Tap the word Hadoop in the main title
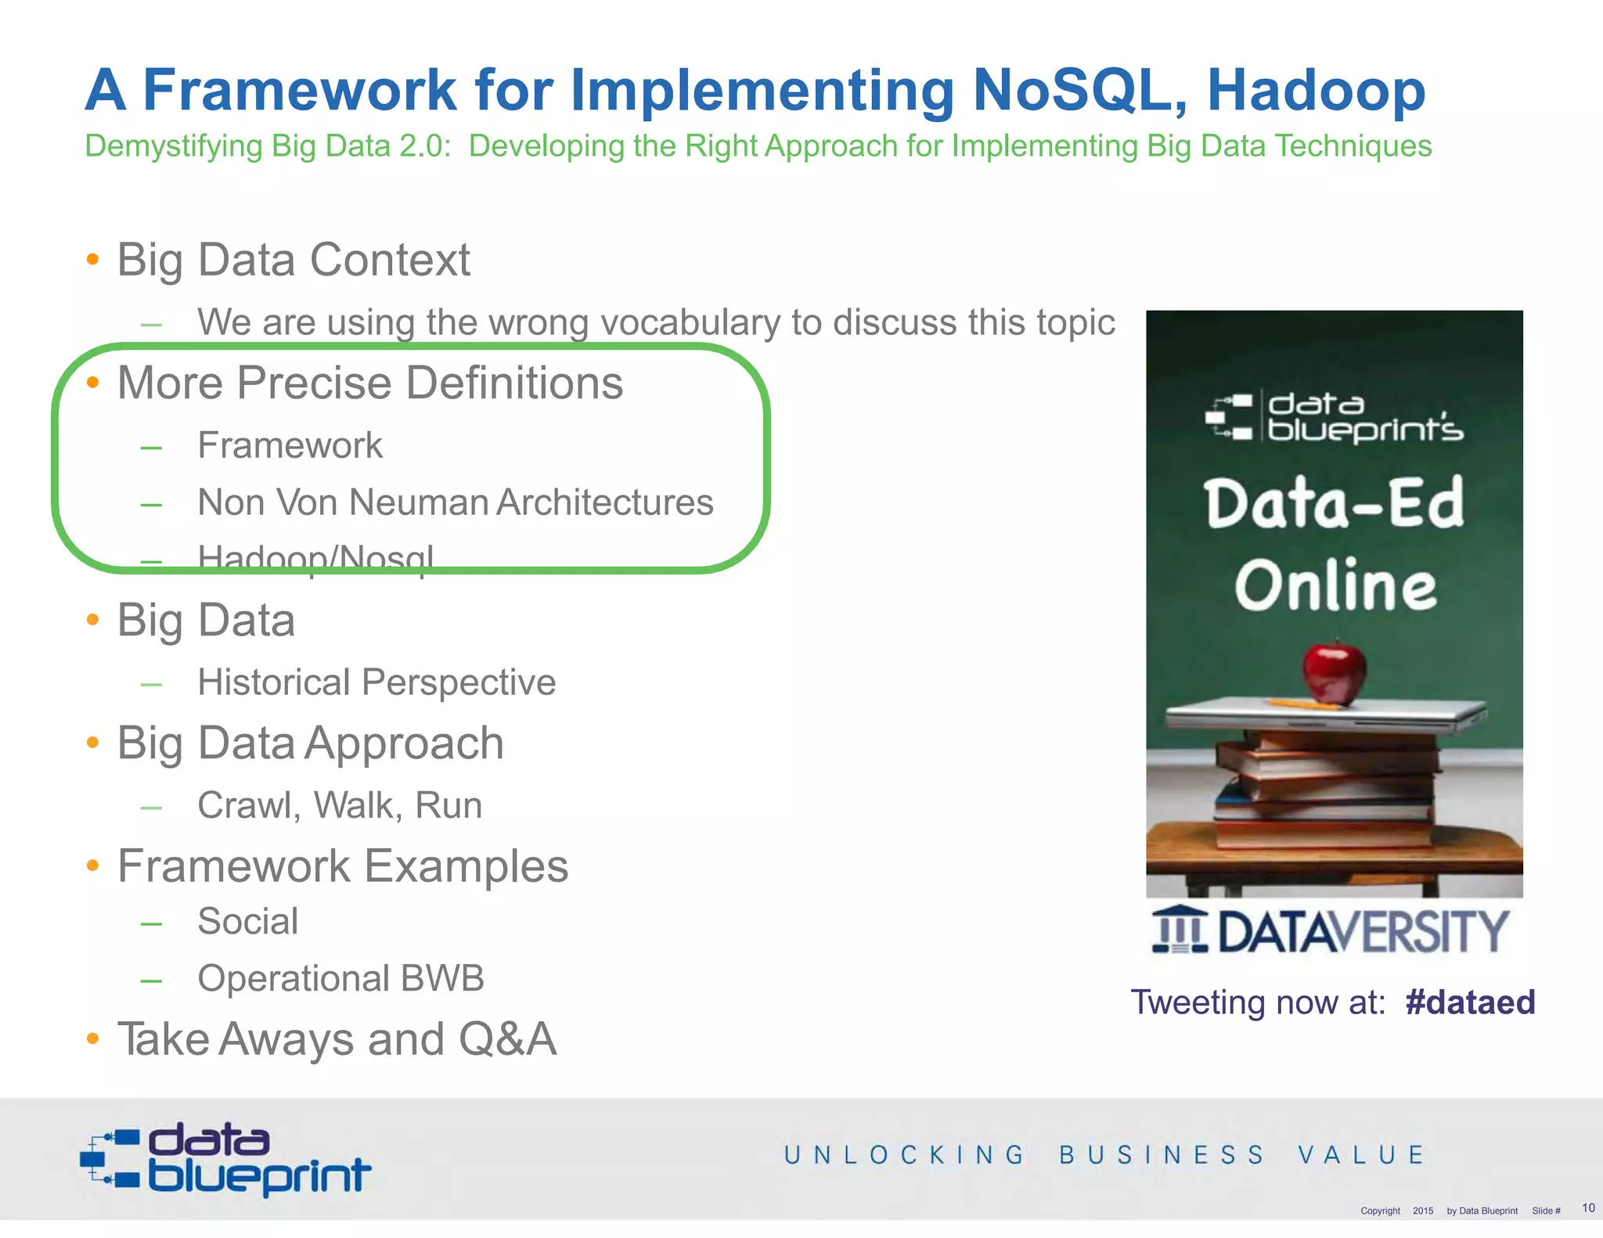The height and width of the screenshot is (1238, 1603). click(1316, 91)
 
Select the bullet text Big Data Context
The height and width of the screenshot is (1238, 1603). click(294, 260)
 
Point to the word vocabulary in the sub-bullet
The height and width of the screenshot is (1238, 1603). click(690, 322)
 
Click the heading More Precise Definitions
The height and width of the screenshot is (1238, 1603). click(370, 383)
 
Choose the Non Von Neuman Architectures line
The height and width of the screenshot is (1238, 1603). click(455, 502)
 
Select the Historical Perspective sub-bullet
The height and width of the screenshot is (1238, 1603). click(376, 682)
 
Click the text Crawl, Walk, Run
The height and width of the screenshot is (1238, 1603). click(340, 805)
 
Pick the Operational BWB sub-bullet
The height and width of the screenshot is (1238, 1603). click(340, 978)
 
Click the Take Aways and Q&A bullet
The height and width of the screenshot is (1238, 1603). click(337, 1040)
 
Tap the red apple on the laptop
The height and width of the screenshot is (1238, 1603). click(1334, 671)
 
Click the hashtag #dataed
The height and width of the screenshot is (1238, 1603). click(1469, 1002)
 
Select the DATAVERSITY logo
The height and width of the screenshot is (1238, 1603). click(1329, 931)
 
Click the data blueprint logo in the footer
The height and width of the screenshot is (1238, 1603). click(225, 1159)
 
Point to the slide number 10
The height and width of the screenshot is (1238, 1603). click(1587, 1207)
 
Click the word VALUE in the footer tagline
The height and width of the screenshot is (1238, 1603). click(1361, 1155)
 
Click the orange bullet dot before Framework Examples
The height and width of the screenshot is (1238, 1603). click(93, 866)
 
